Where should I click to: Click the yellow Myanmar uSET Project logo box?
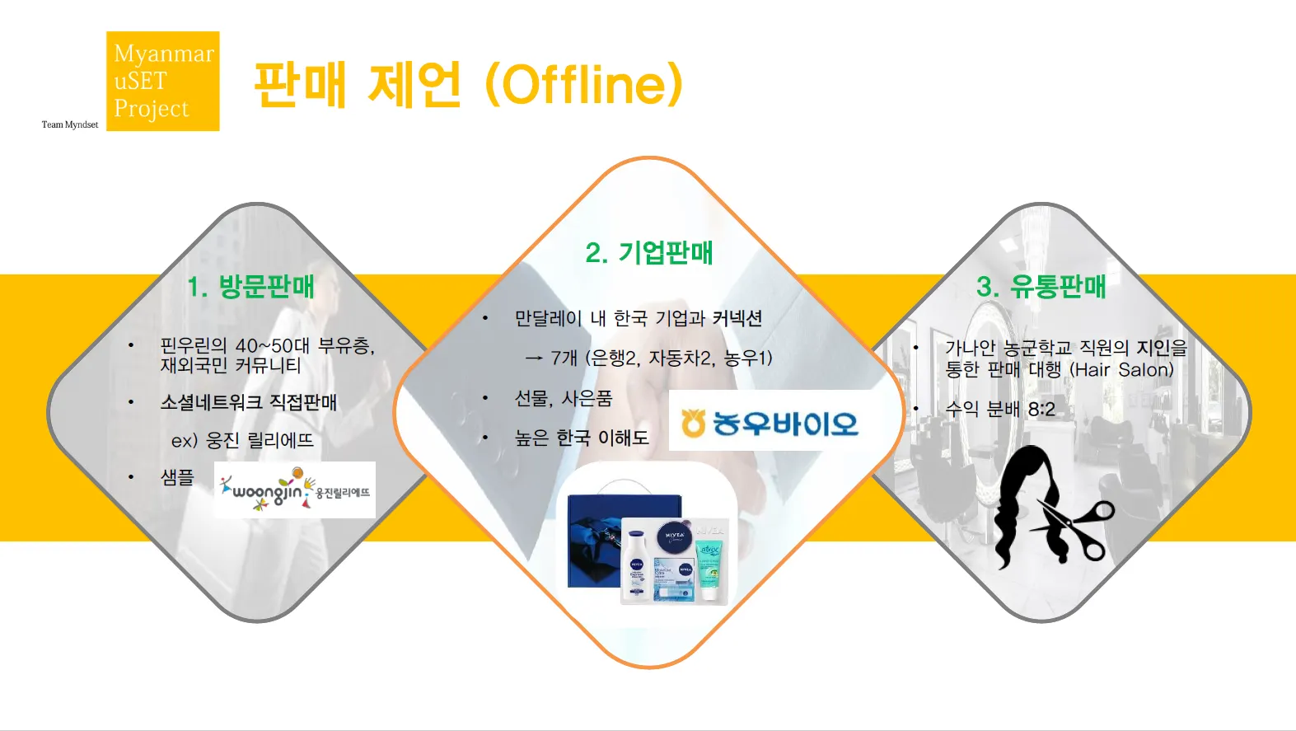[x=163, y=81]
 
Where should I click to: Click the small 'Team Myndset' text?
[x=70, y=124]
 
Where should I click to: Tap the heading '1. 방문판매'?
[x=250, y=287]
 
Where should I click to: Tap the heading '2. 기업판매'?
[x=649, y=252]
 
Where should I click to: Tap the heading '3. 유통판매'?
[x=1041, y=287]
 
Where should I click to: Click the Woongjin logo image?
[x=294, y=490]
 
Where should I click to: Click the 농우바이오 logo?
[x=770, y=422]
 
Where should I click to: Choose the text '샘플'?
[x=177, y=477]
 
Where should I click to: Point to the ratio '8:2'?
[x=1041, y=410]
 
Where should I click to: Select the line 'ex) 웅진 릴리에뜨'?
[x=242, y=441]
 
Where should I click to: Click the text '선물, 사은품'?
[x=564, y=399]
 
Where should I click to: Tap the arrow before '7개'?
[x=533, y=358]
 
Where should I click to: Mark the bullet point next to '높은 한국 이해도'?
[x=485, y=438]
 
